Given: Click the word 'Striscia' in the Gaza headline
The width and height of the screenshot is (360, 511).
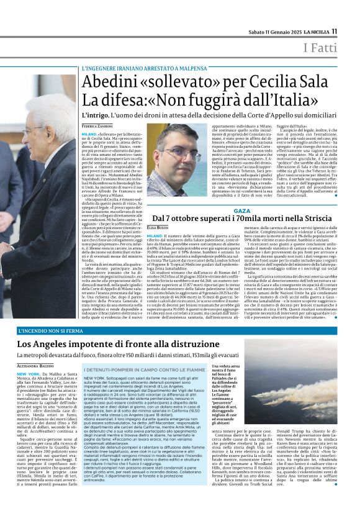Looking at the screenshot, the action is click(316, 220).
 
